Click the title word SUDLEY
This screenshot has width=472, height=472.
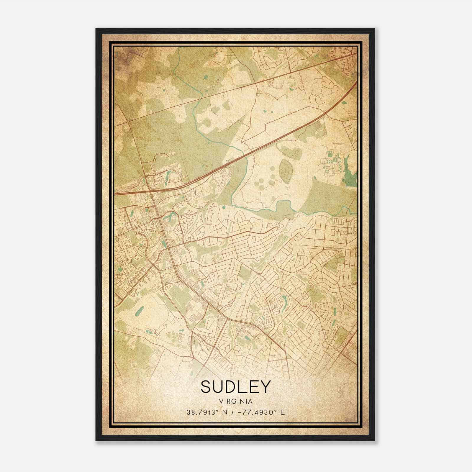tap(235, 386)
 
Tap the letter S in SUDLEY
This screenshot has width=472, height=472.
tap(207, 386)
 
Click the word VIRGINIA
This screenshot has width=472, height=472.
tap(236, 401)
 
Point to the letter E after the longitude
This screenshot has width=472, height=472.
tap(283, 412)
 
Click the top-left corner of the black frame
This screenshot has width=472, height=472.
tap(96, 29)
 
